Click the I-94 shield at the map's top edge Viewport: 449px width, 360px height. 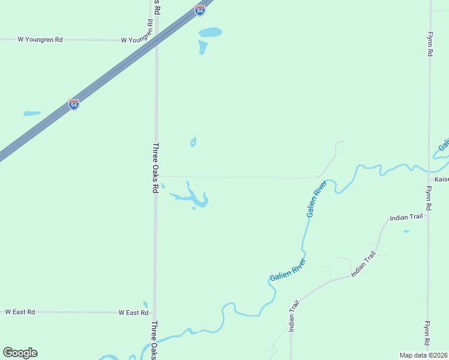coord(200,10)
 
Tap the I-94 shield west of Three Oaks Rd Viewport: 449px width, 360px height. coord(73,104)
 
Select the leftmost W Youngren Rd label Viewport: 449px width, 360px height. coord(40,40)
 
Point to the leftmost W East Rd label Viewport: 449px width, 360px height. coord(20,312)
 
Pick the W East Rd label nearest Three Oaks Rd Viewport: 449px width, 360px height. coord(133,313)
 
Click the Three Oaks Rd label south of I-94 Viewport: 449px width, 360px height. coord(155,167)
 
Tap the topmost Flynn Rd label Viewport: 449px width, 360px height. coord(430,44)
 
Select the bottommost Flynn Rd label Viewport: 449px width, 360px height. coord(427,333)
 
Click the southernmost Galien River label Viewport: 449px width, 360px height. coord(288,271)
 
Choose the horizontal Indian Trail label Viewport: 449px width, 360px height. coord(406,217)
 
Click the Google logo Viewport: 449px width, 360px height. coord(20,353)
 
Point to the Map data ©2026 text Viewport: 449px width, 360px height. coord(424,355)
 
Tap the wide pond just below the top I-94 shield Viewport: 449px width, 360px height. coord(210,32)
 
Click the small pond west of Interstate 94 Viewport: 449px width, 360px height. coord(32,113)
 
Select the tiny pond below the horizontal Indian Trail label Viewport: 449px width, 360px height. coord(406,231)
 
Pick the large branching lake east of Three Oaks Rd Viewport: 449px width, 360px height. coord(196,197)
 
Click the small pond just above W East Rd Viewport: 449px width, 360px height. coord(145,305)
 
